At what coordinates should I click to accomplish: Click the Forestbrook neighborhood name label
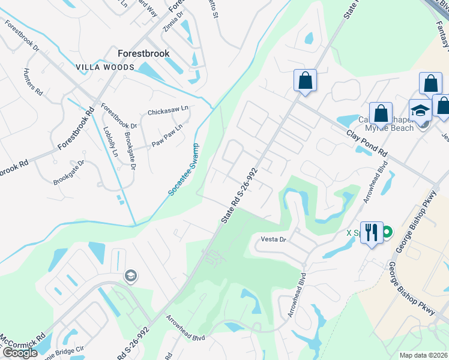[143, 53]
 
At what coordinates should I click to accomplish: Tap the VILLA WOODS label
[105, 68]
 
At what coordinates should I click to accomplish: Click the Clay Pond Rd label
[368, 143]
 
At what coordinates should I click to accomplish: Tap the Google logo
[20, 353]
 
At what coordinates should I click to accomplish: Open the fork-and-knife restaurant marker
[371, 232]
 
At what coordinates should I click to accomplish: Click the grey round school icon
[130, 275]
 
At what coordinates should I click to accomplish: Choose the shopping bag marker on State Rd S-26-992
[305, 80]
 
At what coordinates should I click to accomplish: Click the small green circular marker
[388, 232]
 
